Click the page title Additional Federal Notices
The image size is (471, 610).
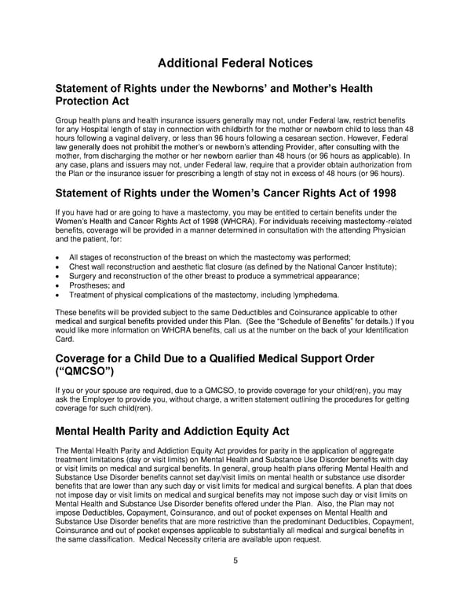[x=235, y=63]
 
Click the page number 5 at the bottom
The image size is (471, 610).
[x=235, y=560]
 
